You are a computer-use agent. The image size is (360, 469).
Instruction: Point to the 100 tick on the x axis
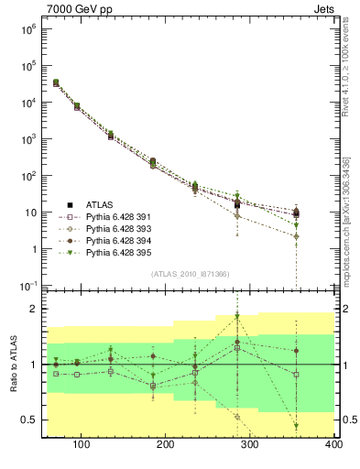coord(81,444)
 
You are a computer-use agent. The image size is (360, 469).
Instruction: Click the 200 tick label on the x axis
coord(166,444)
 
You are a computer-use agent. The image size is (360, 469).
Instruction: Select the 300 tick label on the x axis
coord(250,444)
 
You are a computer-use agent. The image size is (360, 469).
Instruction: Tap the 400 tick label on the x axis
coord(333,444)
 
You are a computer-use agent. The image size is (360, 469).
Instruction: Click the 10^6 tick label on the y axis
coord(27,29)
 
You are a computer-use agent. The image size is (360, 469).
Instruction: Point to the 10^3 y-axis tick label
coord(27,139)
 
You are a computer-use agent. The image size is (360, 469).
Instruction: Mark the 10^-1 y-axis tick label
coord(27,286)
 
